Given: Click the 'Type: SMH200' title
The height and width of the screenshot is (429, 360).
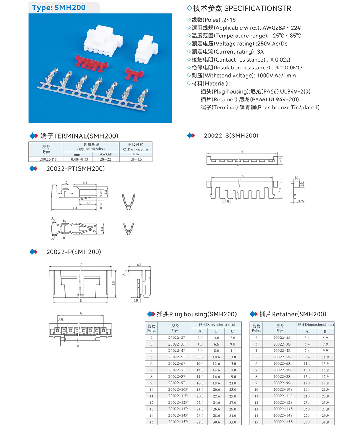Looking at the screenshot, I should [x=59, y=8].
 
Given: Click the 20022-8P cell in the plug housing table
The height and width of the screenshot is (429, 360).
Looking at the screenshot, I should [x=176, y=376].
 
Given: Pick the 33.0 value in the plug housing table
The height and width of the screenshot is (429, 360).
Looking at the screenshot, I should [x=233, y=421].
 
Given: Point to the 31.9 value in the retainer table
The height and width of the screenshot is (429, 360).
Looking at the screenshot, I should [x=325, y=421].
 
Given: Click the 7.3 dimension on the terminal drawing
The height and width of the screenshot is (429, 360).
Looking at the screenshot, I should [x=75, y=208].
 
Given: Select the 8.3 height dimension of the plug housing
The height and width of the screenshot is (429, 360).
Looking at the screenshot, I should [x=114, y=284].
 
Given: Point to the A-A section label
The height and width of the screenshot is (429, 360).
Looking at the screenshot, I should [x=128, y=209].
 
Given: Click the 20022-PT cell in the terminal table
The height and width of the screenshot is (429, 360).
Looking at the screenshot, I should [x=46, y=158].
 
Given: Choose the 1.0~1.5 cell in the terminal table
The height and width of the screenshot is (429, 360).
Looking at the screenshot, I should [x=135, y=158].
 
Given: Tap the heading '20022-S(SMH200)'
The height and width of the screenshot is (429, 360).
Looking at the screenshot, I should [x=231, y=135].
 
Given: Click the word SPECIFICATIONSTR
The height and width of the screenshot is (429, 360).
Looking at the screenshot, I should [x=257, y=8].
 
